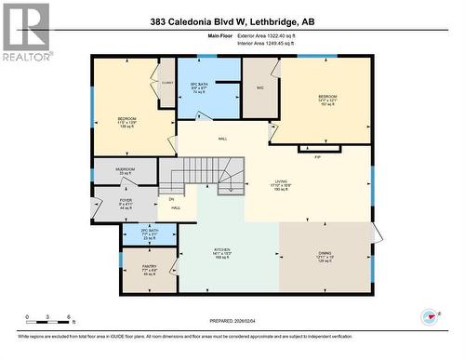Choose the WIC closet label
(x=260, y=87)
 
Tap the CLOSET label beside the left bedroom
(x=166, y=82)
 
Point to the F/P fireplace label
(x=317, y=156)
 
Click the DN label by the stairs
(x=170, y=199)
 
